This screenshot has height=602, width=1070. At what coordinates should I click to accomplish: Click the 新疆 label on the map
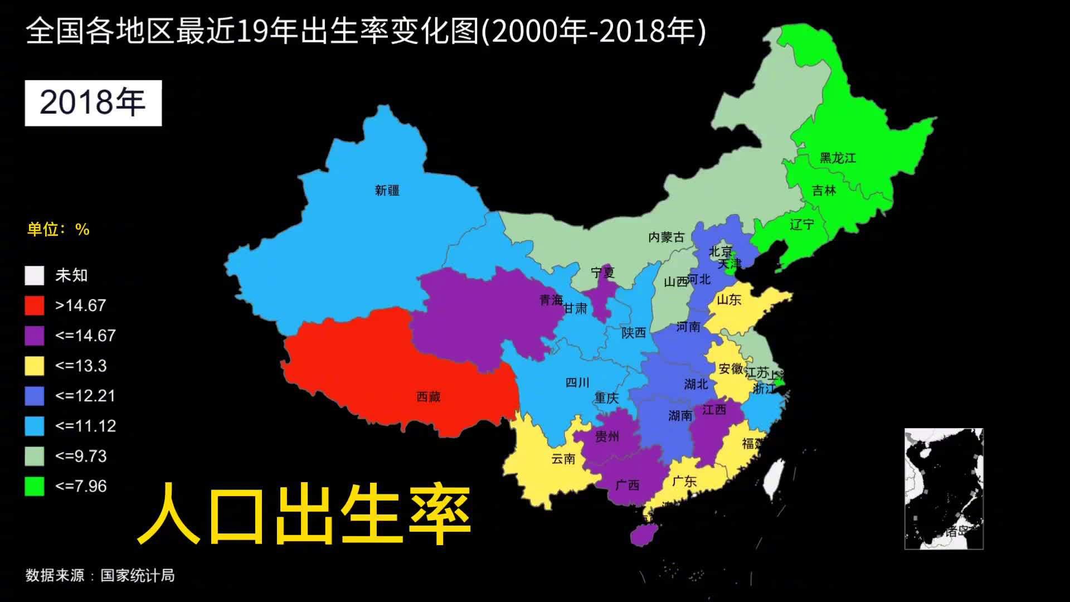[387, 191]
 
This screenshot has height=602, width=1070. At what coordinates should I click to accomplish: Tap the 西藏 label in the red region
[428, 397]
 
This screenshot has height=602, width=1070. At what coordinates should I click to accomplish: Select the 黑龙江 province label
[837, 158]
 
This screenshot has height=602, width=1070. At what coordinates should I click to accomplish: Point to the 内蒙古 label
[666, 237]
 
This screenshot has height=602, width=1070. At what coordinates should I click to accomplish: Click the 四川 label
[577, 383]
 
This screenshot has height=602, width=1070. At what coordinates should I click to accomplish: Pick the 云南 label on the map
[563, 459]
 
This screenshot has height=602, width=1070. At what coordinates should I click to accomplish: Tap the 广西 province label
[627, 486]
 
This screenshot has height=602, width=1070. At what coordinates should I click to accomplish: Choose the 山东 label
[728, 300]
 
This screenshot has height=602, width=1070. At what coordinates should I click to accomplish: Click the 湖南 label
[680, 416]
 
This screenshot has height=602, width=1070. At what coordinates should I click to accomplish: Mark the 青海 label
[551, 300]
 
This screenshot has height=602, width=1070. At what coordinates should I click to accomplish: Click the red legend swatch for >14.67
[35, 305]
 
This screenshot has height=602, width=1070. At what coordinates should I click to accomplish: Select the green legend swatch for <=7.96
[35, 486]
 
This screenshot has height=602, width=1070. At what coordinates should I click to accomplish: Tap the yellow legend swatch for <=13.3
[35, 366]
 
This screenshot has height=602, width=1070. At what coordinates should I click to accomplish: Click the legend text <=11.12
[85, 426]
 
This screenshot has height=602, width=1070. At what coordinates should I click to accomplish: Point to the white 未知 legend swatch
[35, 275]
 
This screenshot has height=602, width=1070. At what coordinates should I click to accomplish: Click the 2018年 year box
[93, 103]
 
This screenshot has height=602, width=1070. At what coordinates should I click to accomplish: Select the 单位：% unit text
[59, 230]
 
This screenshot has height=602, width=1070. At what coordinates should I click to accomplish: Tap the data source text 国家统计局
[137, 575]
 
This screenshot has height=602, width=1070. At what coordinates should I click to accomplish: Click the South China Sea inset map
[943, 488]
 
